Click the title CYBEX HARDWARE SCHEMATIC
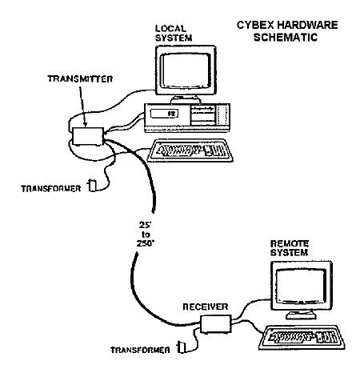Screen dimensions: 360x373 287,31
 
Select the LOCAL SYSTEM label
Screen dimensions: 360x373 174,34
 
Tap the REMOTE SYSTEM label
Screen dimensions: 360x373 290,248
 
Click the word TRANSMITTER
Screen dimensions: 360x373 80,79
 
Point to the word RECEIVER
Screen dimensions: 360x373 206,307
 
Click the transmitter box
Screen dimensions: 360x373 88,136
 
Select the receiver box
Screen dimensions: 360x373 216,324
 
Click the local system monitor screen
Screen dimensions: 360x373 186,70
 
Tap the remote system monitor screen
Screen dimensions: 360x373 301,285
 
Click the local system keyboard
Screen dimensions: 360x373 190,150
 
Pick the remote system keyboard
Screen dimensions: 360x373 302,338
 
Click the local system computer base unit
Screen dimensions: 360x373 187,118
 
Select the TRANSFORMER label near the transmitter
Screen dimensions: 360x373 51,189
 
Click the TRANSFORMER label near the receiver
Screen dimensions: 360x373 140,350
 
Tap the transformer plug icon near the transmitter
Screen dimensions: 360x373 92,186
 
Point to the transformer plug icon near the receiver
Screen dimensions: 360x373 182,347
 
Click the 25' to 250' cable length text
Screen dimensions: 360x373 146,235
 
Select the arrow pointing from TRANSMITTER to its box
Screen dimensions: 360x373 82,106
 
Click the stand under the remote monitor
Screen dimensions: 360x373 302,315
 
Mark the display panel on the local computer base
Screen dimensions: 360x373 164,114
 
